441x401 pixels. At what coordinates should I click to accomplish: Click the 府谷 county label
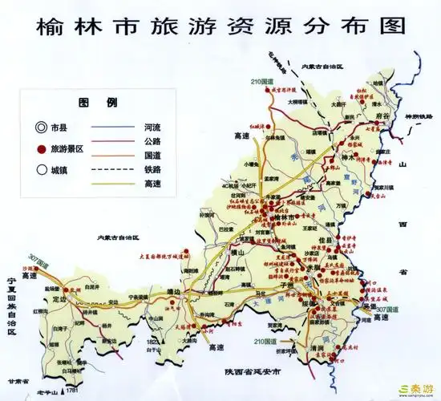pos(381,116)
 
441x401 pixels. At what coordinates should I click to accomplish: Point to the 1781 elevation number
pos(72,391)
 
